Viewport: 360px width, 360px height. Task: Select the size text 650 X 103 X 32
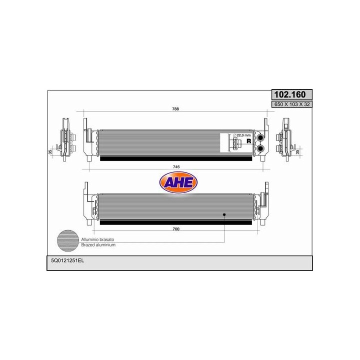pyautogui.click(x=291, y=104)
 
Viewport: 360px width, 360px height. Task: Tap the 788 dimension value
pyautogui.click(x=175, y=109)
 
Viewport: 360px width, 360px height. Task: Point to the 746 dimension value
pyautogui.click(x=175, y=166)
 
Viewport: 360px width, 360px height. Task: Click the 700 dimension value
pyautogui.click(x=175, y=229)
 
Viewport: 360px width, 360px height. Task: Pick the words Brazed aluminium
pyautogui.click(x=98, y=246)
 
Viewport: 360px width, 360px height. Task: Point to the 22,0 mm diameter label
pyautogui.click(x=241, y=135)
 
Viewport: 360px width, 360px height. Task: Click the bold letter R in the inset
pyautogui.click(x=248, y=142)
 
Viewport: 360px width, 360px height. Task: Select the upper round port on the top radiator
pyautogui.click(x=261, y=137)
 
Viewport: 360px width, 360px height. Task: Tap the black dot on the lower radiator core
pyautogui.click(x=224, y=214)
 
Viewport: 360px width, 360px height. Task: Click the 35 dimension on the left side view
pyautogui.click(x=50, y=151)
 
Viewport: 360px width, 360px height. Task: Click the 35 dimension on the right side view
pyautogui.click(x=298, y=151)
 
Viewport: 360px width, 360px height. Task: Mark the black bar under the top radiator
pyautogui.click(x=175, y=158)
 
